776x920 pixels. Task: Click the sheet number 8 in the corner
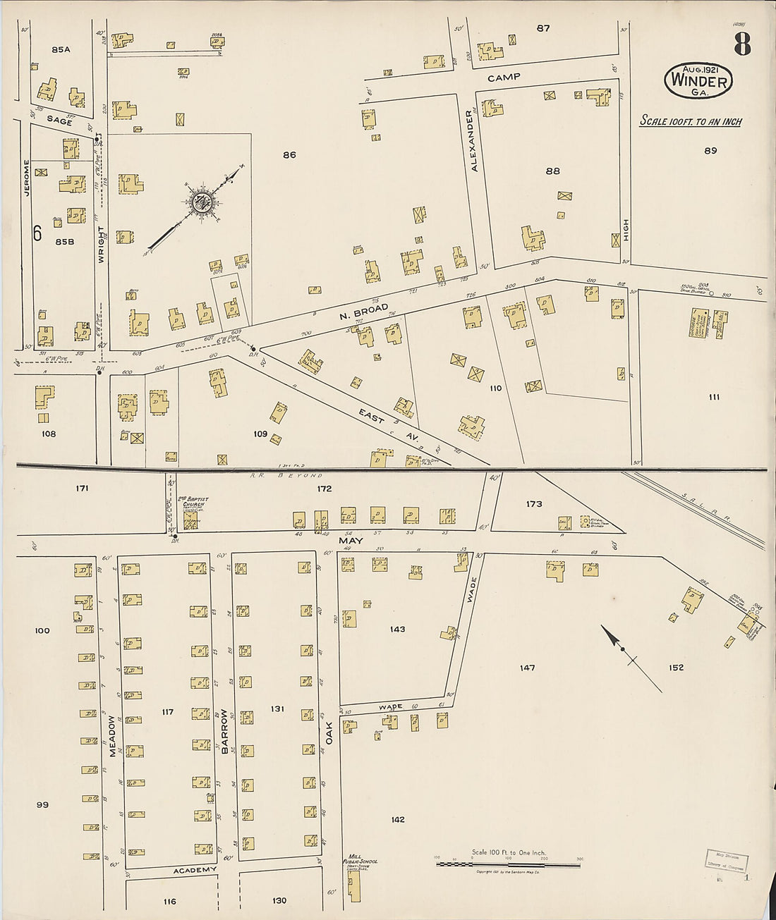(741, 44)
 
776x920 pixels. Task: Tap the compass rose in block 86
(200, 202)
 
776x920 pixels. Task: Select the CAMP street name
(504, 77)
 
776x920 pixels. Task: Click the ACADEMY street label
(195, 870)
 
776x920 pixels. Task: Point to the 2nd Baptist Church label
(193, 502)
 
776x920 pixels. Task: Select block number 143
(397, 629)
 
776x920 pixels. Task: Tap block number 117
(167, 712)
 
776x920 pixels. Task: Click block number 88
(552, 171)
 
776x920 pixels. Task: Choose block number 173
(534, 503)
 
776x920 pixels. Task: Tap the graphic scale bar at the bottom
(508, 864)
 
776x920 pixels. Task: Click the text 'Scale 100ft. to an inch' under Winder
(690, 121)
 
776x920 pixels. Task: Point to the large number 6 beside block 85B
(37, 233)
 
